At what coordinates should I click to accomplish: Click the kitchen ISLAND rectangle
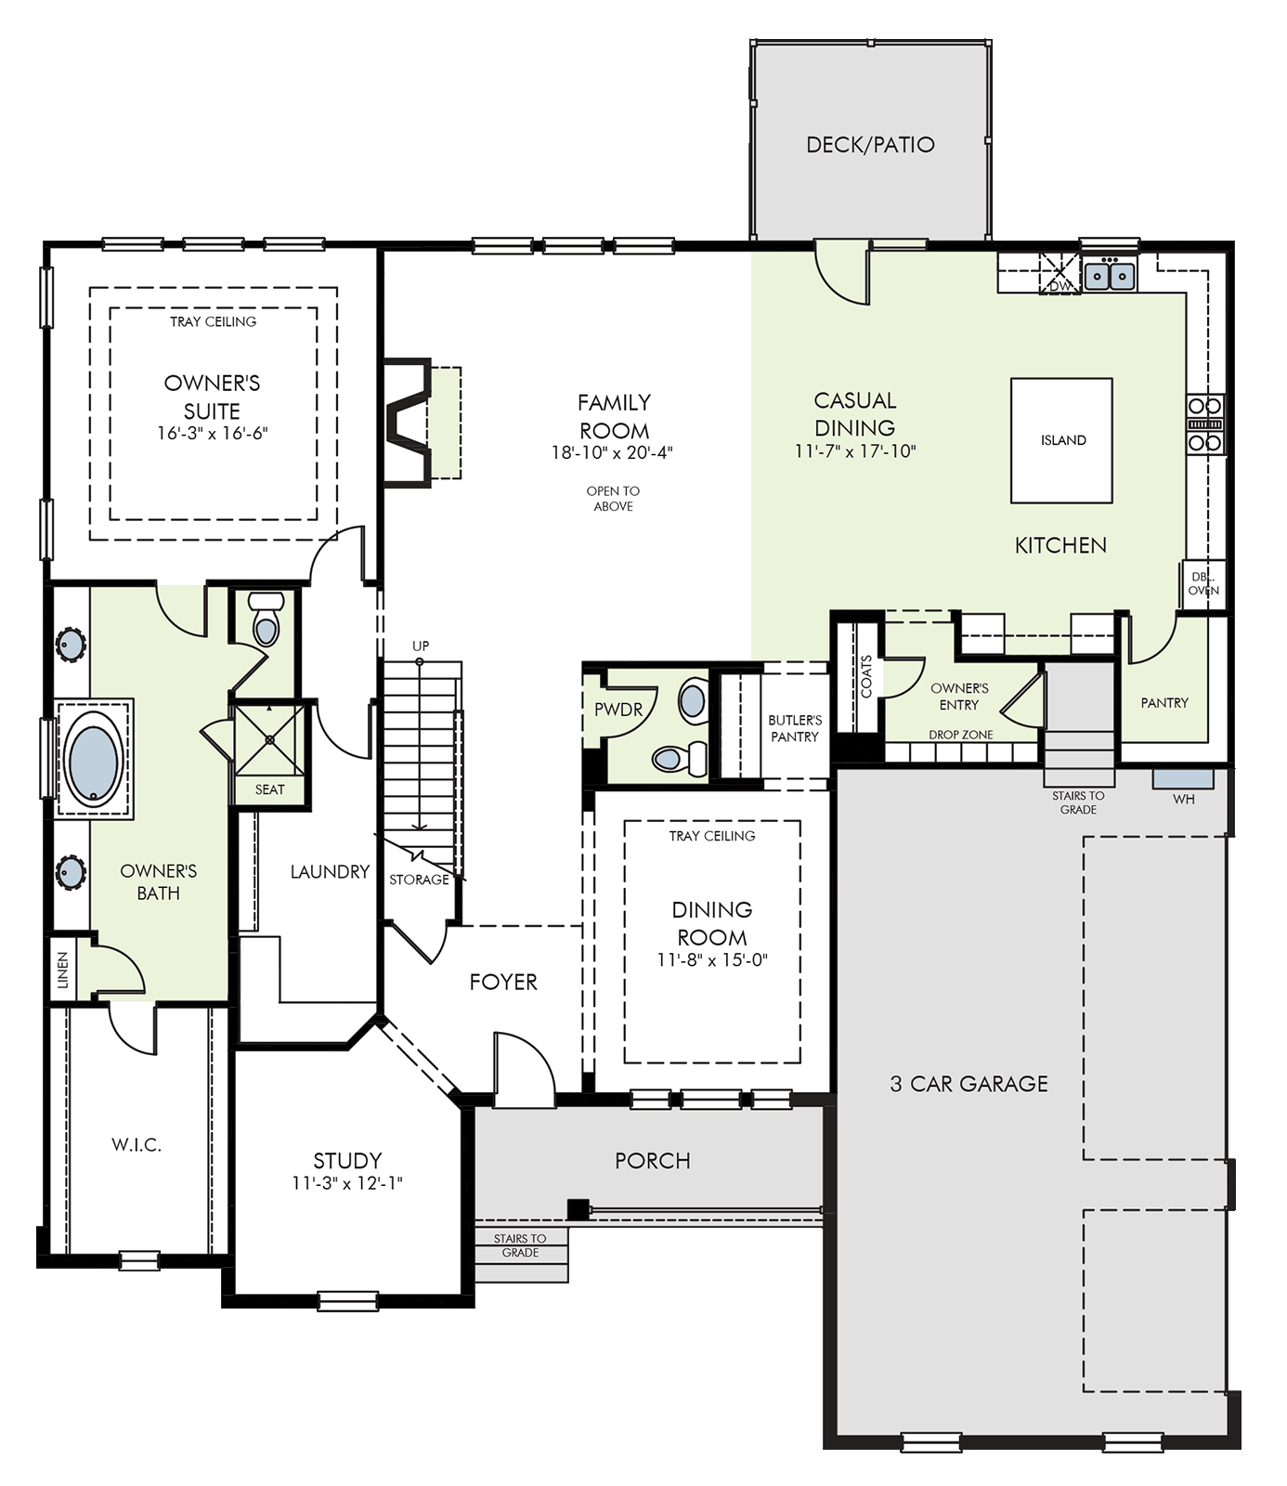tap(1061, 440)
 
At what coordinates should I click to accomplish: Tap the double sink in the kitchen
tap(1111, 275)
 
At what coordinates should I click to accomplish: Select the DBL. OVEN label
tap(1203, 583)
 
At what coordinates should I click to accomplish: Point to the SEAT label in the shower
tap(269, 789)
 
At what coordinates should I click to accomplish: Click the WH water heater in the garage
tap(1183, 799)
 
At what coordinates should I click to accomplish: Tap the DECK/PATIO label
tap(870, 144)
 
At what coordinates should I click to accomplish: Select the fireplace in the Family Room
tap(409, 422)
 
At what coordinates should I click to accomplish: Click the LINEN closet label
tap(63, 970)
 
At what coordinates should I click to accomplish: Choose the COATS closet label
tap(866, 676)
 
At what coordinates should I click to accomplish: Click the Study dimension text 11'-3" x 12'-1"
tap(346, 1183)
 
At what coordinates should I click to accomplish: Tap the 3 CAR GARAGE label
tap(968, 1083)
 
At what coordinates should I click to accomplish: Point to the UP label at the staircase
tap(421, 645)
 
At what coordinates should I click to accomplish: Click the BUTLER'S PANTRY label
tap(795, 728)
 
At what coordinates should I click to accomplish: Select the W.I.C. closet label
tap(136, 1145)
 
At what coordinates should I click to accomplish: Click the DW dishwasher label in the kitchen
tap(1059, 286)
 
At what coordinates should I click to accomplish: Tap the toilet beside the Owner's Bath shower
tap(266, 620)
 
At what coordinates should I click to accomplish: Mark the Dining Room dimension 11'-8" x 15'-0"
tap(712, 960)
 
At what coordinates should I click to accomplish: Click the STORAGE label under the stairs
tap(419, 880)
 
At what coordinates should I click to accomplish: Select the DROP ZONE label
tap(961, 735)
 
